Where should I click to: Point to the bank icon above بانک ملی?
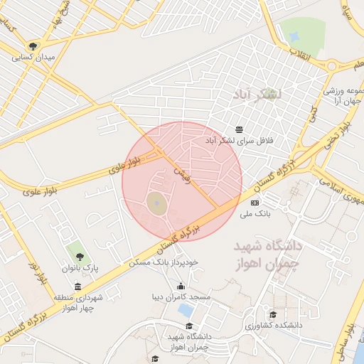click(x=255, y=203)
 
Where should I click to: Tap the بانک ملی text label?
click(x=255, y=213)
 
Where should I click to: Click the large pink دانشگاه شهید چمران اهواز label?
click(x=269, y=255)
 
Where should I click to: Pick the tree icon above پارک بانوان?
click(x=78, y=255)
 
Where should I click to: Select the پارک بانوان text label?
click(x=79, y=267)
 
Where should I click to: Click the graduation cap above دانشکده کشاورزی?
click(x=272, y=314)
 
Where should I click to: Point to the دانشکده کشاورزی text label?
click(x=273, y=325)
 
